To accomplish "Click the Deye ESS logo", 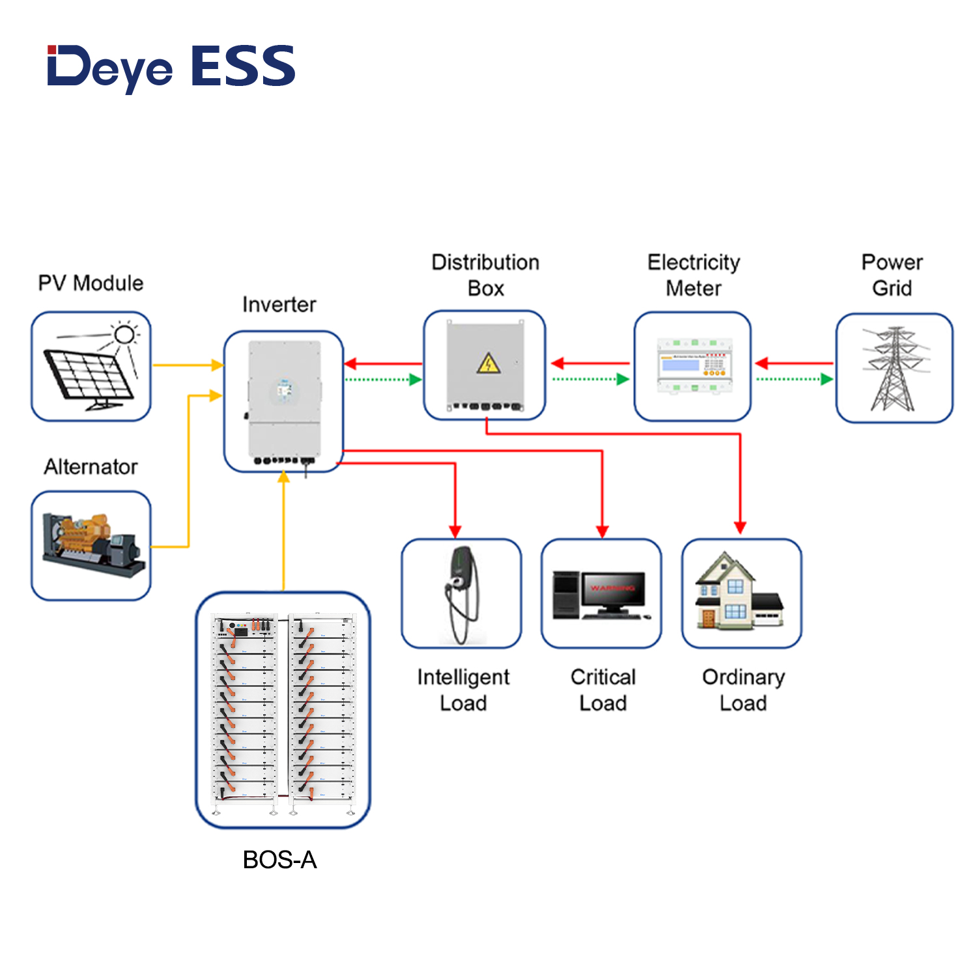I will tap(171, 66).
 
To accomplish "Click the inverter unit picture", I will tap(283, 401).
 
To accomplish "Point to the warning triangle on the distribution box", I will tap(488, 363).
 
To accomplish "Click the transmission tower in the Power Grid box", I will tap(894, 369).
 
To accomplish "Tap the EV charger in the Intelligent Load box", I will tap(461, 593).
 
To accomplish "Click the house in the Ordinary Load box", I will tap(736, 593).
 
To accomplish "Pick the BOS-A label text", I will tap(279, 860).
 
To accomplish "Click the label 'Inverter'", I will tap(279, 304).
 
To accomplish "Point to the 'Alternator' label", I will tap(91, 466).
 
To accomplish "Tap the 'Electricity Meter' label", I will tap(694, 275).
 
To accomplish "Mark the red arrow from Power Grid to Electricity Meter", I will tap(795, 363).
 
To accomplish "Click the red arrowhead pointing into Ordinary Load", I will tap(740, 526).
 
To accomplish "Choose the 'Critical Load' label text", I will tap(603, 690).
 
